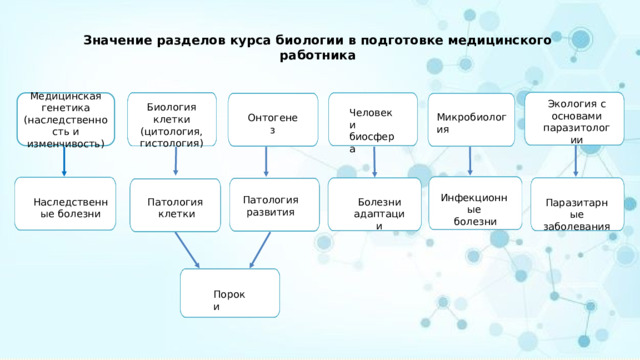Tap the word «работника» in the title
[x=320, y=56]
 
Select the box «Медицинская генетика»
[x=65, y=120]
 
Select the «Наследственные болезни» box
[x=65, y=206]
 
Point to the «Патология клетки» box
[x=175, y=206]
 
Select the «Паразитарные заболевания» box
[x=577, y=206]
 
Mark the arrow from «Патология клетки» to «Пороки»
[x=188, y=250]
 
